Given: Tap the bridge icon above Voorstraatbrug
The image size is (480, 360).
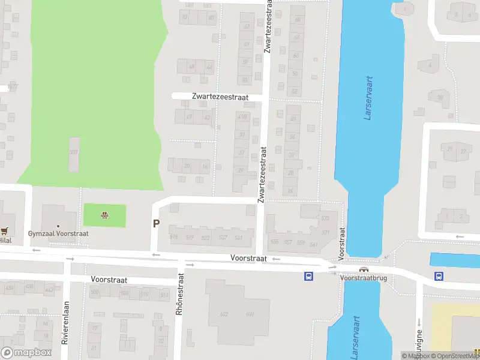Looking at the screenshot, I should click(364, 269).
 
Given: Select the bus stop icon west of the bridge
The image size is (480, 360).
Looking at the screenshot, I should click(308, 276).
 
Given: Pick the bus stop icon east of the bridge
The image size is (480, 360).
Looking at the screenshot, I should click(439, 276).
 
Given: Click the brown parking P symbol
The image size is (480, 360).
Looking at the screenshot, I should click(157, 224).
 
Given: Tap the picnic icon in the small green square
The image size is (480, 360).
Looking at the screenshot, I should click(105, 215).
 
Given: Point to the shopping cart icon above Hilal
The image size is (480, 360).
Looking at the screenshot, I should click(5, 230).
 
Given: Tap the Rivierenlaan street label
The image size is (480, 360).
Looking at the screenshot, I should click(65, 322).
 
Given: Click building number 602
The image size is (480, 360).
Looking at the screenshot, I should click(224, 314).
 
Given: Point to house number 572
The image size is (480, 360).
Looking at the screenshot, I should click(326, 218).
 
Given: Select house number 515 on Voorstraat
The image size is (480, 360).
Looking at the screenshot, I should click(174, 238).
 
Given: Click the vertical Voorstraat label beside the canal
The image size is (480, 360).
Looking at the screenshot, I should click(342, 243).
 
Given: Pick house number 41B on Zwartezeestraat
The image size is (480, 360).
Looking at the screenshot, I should click(242, 116).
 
